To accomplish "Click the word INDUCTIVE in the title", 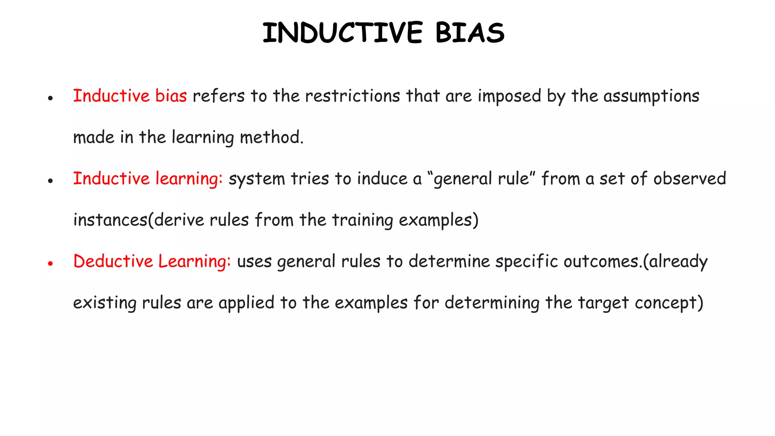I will pos(342,33).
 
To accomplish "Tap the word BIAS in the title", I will pos(470,33).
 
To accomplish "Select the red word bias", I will pos(171,96).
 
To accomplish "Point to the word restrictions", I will pos(352,96).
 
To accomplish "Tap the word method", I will pos(271,137).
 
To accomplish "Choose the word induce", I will pos(382,179).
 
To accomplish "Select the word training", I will pos(363,220).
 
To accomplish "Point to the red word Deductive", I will pos(113,261).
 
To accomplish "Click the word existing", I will pos(105,303).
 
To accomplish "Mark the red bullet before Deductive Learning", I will pos(50,263).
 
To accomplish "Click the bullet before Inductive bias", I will pos(50,98).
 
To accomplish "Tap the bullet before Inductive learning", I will pos(50,181).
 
